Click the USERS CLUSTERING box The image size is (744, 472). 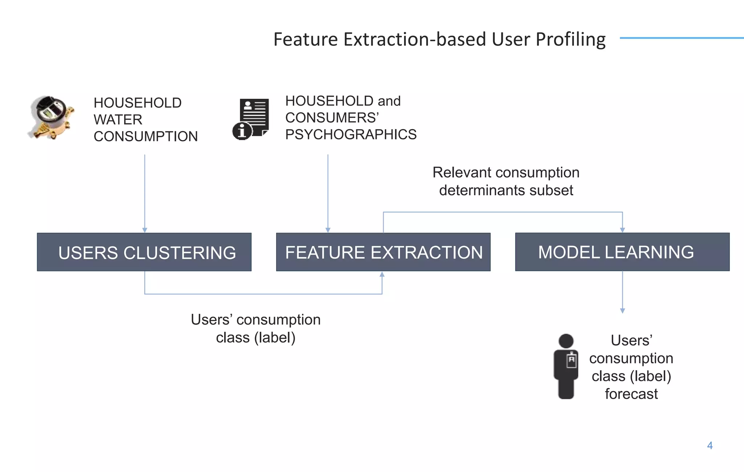144,252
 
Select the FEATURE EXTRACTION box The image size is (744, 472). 383,252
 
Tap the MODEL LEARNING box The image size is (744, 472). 622,252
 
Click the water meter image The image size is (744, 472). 51,117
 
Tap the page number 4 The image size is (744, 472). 710,445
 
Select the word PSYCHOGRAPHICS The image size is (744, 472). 351,135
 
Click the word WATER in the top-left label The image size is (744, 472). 118,120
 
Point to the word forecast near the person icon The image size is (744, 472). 631,394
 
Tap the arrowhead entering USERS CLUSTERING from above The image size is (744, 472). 145,230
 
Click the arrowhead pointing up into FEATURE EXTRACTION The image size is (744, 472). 382,274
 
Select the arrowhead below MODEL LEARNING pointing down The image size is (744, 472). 622,311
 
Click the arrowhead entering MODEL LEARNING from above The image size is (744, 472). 622,230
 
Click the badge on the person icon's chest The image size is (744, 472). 571,360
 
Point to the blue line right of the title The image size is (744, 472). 681,38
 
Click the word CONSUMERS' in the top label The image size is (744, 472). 332,118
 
